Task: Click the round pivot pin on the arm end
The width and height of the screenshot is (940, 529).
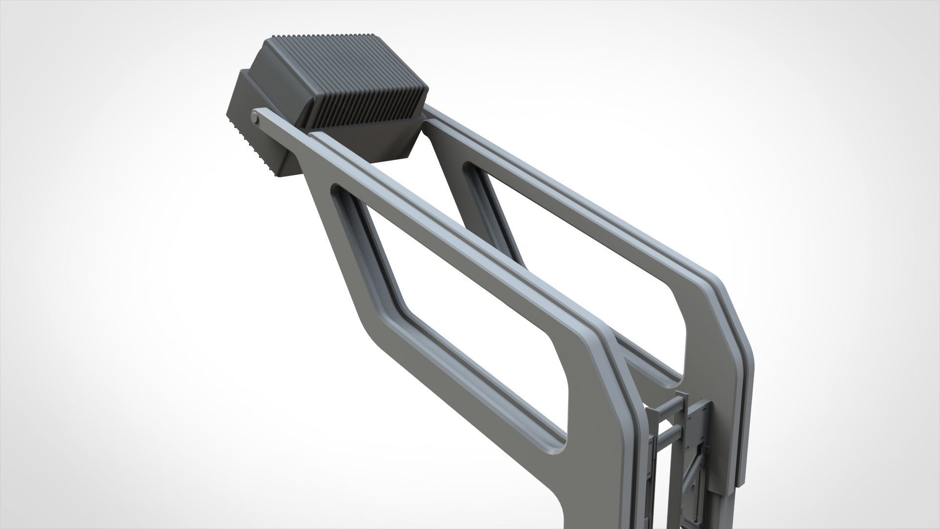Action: click(255, 118)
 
